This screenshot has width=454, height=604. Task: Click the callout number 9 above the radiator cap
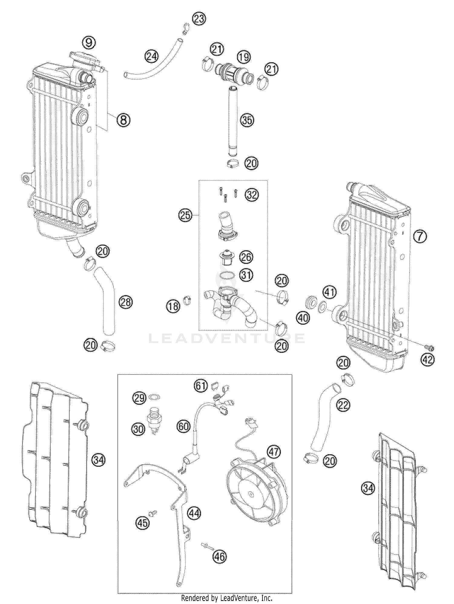[89, 42]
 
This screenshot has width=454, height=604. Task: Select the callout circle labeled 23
[199, 19]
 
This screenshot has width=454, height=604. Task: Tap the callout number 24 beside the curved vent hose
[151, 57]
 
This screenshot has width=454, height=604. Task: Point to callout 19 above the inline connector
[244, 57]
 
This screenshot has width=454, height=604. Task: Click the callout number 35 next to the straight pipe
[247, 120]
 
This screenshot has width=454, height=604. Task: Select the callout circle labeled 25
[185, 216]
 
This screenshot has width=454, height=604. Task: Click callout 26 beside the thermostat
[246, 257]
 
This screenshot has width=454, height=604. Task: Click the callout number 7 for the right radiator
[420, 236]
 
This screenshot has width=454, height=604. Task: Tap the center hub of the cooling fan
[251, 493]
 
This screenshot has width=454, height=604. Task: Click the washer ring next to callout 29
[155, 397]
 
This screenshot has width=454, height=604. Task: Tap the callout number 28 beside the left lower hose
[126, 302]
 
